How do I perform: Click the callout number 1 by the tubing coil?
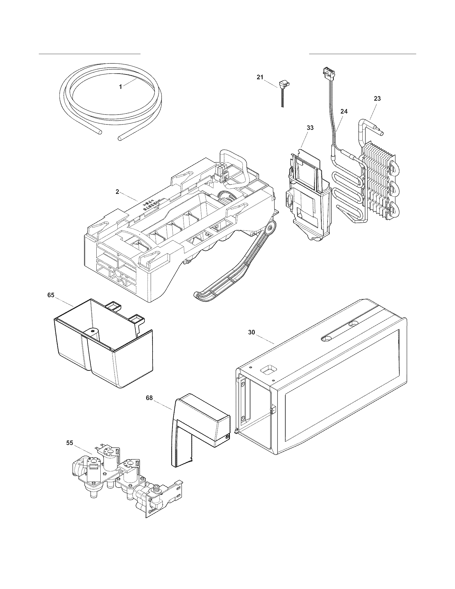click(x=120, y=86)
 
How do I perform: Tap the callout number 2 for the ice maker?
click(x=117, y=192)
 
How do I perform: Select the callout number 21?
click(x=260, y=77)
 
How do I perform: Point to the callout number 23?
click(x=377, y=99)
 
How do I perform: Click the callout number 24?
click(x=344, y=111)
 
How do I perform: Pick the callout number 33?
click(x=310, y=127)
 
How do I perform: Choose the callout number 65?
click(x=51, y=295)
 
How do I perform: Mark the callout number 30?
click(x=251, y=333)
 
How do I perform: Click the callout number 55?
click(x=70, y=443)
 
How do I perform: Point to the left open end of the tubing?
click(x=100, y=132)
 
